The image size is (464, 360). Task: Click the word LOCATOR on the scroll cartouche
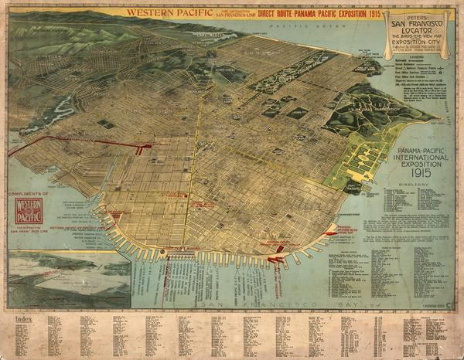coord(418,28)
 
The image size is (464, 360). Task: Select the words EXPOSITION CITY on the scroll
coord(418,44)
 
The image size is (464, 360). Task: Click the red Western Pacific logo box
coord(29,211)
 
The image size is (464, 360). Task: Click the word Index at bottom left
coord(23,318)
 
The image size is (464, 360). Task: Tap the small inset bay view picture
coord(70,278)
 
